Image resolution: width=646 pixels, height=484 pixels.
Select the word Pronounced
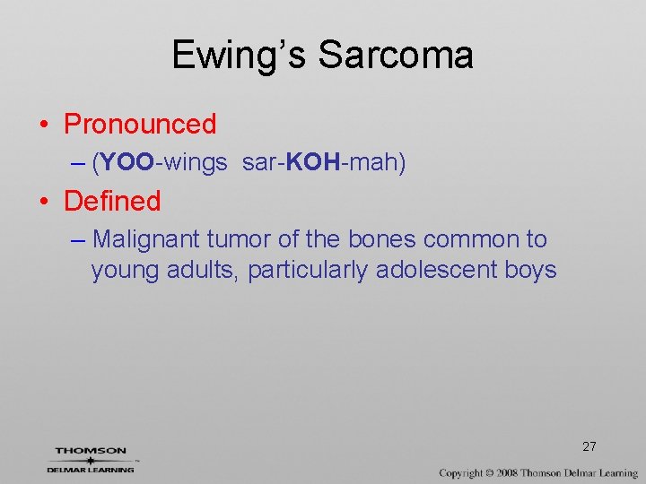point(140,124)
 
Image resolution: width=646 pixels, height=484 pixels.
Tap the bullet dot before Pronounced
point(44,125)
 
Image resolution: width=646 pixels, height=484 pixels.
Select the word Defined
point(112,201)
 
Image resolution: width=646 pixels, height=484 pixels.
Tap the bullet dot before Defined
point(44,202)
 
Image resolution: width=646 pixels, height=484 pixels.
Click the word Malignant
point(146,239)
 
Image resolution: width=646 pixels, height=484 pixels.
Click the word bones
point(381,239)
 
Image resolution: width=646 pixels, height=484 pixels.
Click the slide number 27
point(589,446)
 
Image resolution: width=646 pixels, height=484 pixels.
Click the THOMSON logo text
point(91,451)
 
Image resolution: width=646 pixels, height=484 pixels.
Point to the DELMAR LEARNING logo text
point(91,469)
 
